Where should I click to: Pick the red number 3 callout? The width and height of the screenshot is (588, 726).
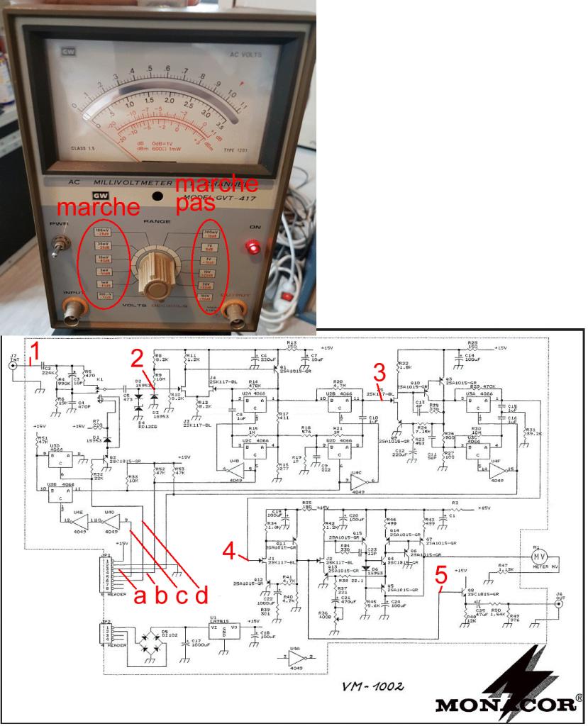[379, 372]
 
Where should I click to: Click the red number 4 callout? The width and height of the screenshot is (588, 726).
[229, 550]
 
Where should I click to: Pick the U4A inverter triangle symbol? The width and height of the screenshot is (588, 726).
[297, 658]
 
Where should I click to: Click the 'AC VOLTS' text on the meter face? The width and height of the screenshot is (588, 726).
[245, 54]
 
